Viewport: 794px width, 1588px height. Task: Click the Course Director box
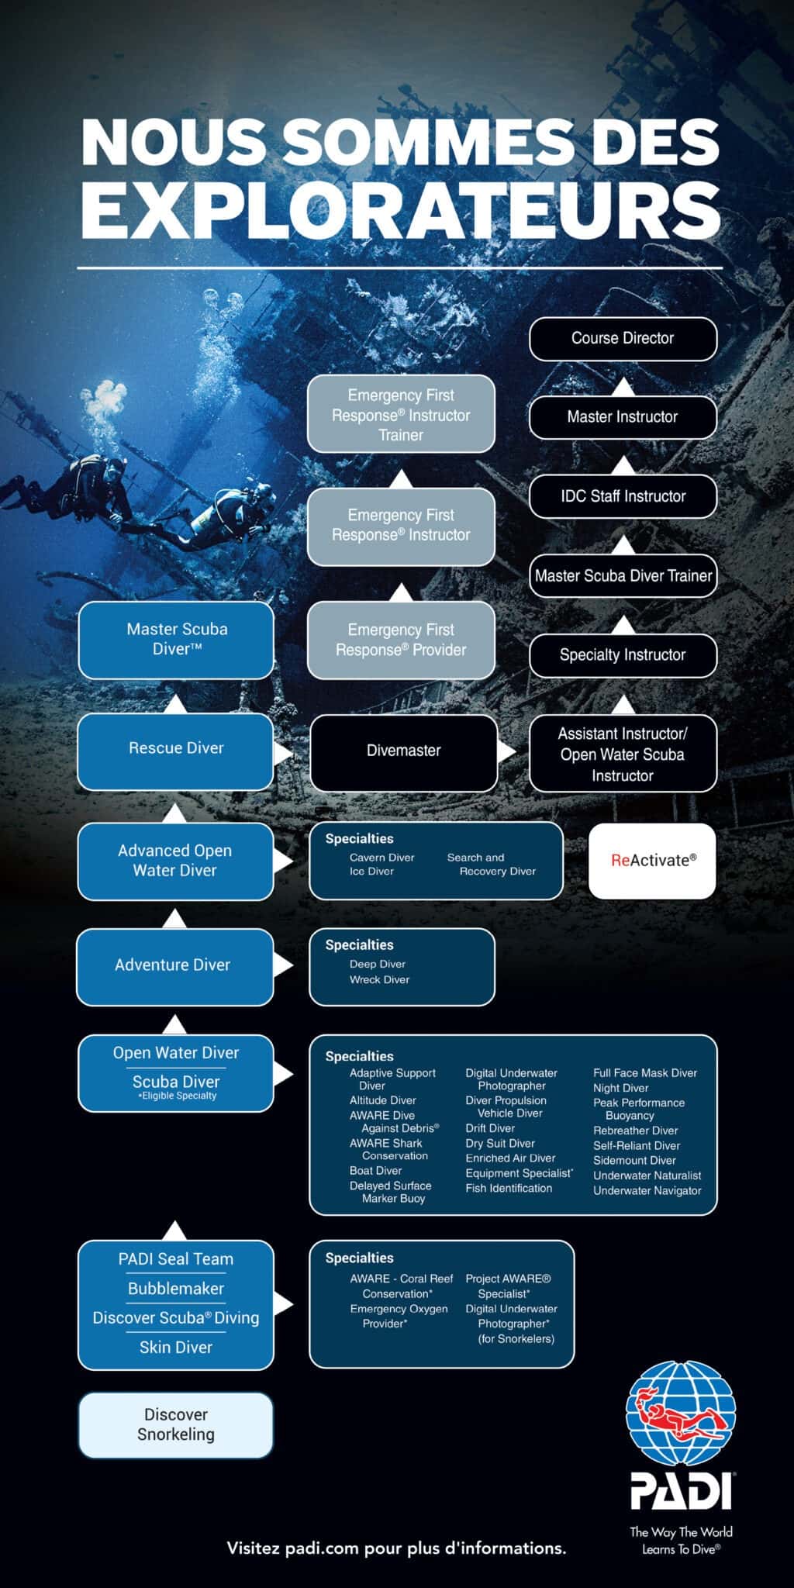[623, 339]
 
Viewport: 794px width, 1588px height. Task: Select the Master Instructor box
[623, 417]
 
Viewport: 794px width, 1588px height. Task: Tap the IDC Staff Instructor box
[623, 496]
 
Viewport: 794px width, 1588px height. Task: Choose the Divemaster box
[403, 751]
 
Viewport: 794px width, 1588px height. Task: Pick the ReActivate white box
[652, 861]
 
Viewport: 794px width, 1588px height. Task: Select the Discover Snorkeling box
[176, 1425]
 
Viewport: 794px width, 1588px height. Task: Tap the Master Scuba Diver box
[176, 640]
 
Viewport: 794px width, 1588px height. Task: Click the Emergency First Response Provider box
[401, 640]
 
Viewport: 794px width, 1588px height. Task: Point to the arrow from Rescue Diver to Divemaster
[284, 752]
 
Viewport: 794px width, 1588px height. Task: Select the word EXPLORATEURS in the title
[401, 210]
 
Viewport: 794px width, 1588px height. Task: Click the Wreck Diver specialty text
[379, 980]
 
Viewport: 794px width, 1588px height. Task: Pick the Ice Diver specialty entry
[371, 872]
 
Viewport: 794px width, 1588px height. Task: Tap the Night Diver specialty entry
[620, 1088]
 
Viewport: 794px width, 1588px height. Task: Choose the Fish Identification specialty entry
[509, 1188]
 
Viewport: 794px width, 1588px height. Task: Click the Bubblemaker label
[176, 1289]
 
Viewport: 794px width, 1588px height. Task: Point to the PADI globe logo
[681, 1414]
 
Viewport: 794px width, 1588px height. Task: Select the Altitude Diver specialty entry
[382, 1100]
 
